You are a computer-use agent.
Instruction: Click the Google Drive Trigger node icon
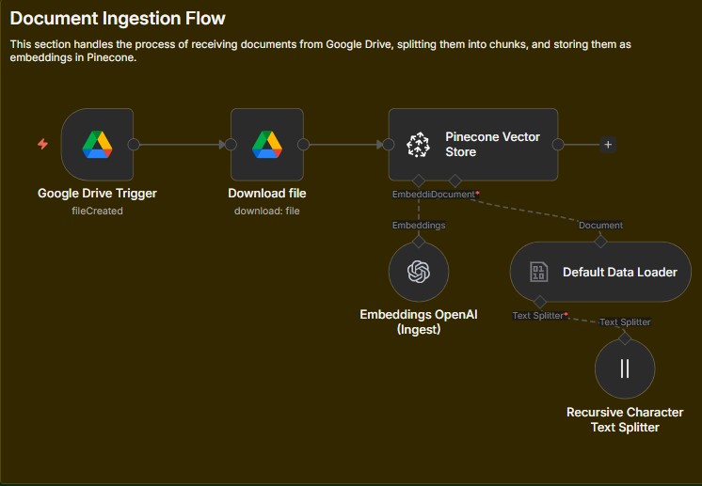coord(97,145)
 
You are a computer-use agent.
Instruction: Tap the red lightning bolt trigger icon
coord(42,144)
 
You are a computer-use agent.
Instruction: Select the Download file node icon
coord(267,145)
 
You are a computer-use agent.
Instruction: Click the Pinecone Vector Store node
coord(473,145)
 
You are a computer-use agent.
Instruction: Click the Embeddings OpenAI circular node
coord(419,272)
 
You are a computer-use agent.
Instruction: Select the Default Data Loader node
coord(600,273)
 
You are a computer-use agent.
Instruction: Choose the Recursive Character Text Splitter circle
coord(625,368)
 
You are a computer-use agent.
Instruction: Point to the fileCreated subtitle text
coord(97,211)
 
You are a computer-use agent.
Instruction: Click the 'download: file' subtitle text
coord(267,211)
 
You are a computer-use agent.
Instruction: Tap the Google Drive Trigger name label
coord(97,194)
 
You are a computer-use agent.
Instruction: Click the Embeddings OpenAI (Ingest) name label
coord(419,321)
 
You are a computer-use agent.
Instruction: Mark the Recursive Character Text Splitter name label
coord(625,419)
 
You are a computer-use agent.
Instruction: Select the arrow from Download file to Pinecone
coord(346,145)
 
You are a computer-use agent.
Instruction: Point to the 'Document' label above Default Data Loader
coord(600,226)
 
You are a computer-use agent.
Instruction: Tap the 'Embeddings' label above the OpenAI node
coord(419,226)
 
